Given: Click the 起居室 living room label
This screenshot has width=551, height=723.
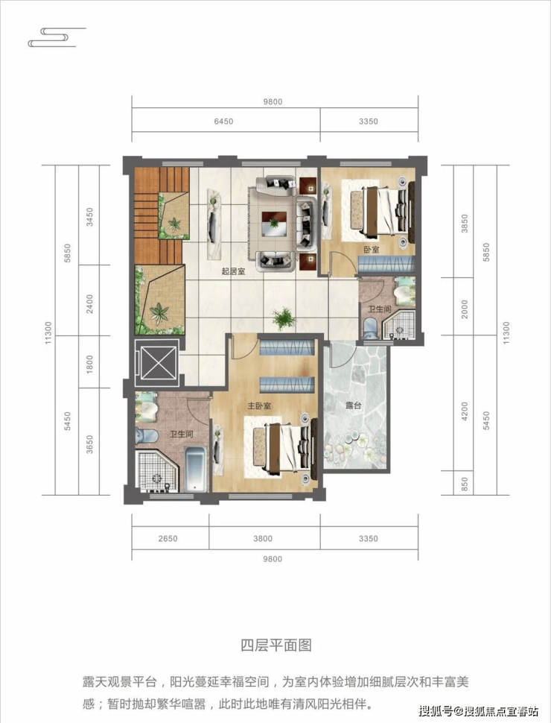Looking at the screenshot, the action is point(233,271).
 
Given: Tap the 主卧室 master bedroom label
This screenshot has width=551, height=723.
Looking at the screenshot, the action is point(259,405).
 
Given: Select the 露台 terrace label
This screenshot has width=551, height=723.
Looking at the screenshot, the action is point(354,405).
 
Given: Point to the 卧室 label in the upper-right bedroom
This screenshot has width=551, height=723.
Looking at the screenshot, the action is point(372,250).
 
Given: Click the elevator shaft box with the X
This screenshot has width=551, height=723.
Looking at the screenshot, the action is point(156,362).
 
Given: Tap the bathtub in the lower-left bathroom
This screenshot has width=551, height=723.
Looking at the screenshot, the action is point(195,469).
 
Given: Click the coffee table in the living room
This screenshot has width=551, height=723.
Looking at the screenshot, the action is point(274,223).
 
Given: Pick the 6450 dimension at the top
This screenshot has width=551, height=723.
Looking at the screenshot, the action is point(223,121).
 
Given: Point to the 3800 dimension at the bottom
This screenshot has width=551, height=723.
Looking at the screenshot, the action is point(263,538).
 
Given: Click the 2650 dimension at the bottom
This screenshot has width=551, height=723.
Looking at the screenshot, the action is point(168,538).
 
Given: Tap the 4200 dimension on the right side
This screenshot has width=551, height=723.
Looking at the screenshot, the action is point(465,411).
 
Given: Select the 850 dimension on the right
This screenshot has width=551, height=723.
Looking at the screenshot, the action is point(465,484).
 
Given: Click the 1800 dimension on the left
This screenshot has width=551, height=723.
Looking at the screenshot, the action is point(89,364).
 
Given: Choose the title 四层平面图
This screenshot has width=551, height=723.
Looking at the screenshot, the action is point(276,645).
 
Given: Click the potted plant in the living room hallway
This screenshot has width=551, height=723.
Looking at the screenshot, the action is point(284,318).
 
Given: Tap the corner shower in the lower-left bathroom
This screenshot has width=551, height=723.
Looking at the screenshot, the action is point(156,471).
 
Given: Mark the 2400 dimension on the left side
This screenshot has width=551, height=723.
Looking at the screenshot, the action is point(89,304).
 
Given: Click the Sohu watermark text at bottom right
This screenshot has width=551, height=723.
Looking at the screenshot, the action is point(479,710).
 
